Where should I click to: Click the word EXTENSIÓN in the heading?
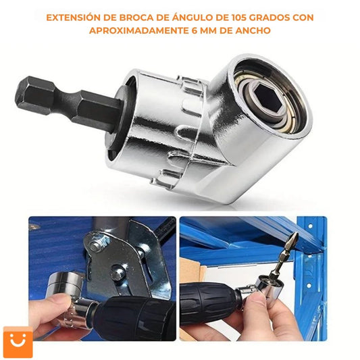73,18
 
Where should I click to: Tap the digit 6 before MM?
195,30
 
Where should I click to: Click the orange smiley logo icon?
18,342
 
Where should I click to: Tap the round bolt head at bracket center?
118,273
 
